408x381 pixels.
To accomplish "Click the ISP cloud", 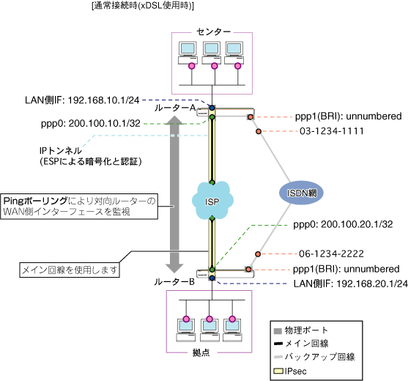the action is [x=212, y=200].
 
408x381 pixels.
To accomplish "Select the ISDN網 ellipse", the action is [x=301, y=193].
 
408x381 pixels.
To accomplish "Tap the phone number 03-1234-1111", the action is [x=332, y=131].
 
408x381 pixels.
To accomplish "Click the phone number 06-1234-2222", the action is [x=331, y=254].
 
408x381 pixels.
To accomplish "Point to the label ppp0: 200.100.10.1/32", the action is [x=91, y=123].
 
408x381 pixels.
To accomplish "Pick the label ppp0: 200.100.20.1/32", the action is [x=343, y=224].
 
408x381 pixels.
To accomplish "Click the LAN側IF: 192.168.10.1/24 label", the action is [x=82, y=100].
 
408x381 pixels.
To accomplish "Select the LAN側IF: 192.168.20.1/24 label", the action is [x=350, y=284].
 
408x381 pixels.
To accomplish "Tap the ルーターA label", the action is [x=175, y=108].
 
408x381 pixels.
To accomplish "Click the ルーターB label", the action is [x=174, y=282].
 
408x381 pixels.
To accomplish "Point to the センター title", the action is [x=213, y=32].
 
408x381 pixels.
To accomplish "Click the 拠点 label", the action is [x=201, y=352].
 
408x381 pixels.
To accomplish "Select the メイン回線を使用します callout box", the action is [x=70, y=270].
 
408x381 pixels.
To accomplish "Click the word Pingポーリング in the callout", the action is [x=35, y=201].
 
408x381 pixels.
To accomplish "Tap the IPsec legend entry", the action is [x=290, y=371].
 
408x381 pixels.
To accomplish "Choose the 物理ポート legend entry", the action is [x=301, y=330].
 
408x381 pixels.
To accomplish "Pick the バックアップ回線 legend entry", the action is [x=314, y=357].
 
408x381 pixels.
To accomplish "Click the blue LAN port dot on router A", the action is [x=212, y=108].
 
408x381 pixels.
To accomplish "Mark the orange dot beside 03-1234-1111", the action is [x=259, y=131].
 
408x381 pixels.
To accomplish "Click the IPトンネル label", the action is [x=61, y=151].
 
